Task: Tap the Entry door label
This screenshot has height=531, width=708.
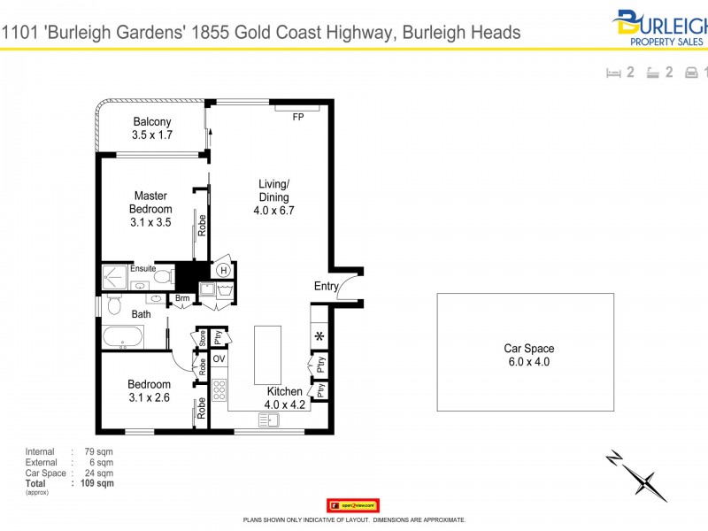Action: coord(326,286)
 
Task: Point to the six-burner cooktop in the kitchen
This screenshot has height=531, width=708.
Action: coord(219,389)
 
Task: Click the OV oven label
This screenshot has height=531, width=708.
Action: coord(219,358)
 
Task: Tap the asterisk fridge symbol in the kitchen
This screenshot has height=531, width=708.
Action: coord(319,336)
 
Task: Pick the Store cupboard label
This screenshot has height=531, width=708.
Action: coord(202,336)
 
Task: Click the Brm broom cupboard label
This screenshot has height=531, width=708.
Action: coord(182,299)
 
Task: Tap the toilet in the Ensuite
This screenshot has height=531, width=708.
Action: coord(162,276)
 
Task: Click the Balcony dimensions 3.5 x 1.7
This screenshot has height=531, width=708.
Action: coord(152,135)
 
